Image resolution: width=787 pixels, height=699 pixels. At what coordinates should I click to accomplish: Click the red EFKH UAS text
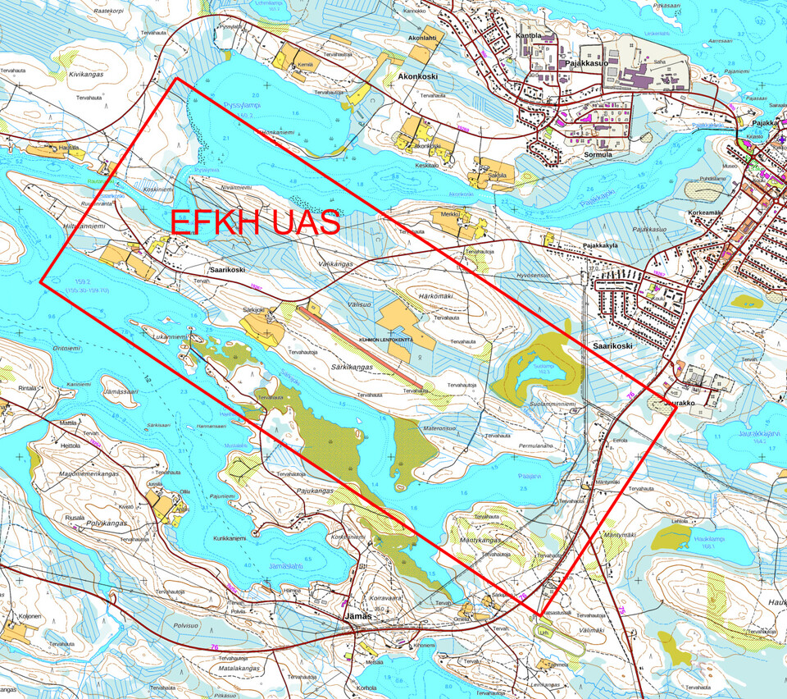pos(254,223)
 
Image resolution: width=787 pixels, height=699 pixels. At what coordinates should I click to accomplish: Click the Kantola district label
pos(530,36)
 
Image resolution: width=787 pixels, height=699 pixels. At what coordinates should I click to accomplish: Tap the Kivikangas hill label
pos(89,74)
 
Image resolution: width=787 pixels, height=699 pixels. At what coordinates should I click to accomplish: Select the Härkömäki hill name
pos(436,296)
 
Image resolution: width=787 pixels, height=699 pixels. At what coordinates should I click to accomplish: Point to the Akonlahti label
pos(416,38)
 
